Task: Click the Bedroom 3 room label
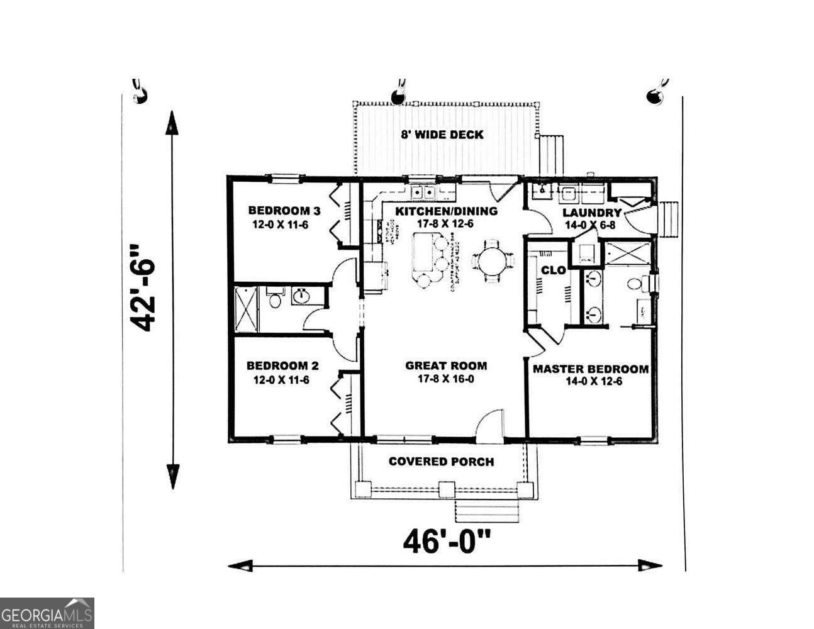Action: tap(279, 211)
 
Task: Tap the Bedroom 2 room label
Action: tap(282, 365)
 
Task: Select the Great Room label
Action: tap(445, 365)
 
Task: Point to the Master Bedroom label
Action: tap(590, 369)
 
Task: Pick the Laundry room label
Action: tap(591, 213)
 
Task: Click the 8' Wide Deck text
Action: tap(442, 134)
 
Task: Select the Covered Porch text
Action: tap(441, 461)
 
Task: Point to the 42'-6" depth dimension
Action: tap(143, 287)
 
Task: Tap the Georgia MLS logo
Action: tap(47, 613)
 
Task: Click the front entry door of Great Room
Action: tap(490, 427)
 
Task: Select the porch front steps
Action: tap(488, 511)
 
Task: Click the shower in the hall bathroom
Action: tap(246, 308)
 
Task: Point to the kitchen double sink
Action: tap(423, 192)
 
